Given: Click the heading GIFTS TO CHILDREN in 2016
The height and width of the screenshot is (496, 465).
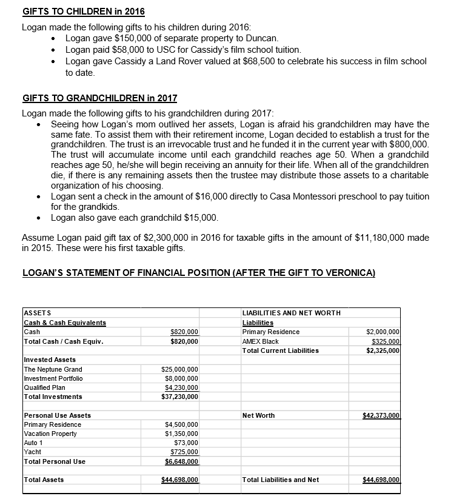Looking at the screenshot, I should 84,12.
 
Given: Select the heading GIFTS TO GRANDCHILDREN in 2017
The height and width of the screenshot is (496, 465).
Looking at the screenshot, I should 99,98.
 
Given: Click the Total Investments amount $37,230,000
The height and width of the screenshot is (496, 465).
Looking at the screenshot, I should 180,397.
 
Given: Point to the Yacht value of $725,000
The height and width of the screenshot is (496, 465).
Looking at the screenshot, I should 184,452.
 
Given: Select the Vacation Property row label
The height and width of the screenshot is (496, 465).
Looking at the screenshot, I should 50,434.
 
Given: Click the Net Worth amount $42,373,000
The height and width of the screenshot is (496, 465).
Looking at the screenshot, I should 381,415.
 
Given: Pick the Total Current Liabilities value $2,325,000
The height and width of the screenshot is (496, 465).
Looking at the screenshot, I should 383,350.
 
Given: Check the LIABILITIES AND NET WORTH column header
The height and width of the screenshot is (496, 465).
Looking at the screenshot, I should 291,313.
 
